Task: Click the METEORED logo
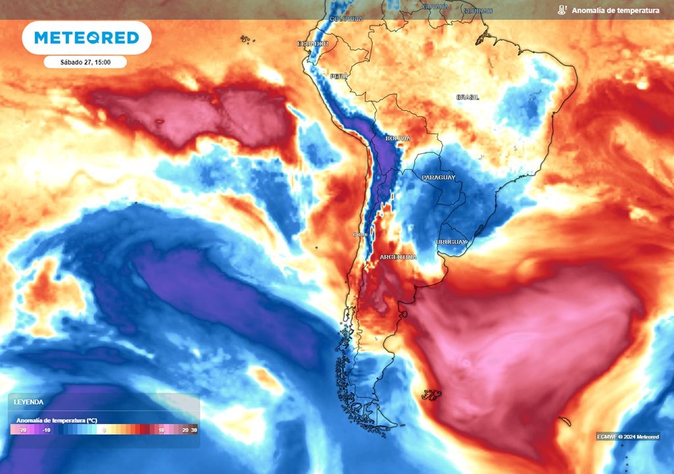86,38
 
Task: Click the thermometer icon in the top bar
561,11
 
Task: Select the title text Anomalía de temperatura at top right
615,11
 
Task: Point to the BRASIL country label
467,97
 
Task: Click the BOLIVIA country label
398,139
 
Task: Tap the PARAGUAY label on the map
438,178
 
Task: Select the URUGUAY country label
451,242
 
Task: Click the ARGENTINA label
398,257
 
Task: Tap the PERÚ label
339,76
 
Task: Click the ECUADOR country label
313,43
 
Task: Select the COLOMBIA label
346,19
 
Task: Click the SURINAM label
477,11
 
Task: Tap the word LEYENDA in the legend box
29,402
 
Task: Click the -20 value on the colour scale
21,430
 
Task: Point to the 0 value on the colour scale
104,430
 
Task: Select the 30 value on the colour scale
194,430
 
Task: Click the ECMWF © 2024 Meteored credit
627,436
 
